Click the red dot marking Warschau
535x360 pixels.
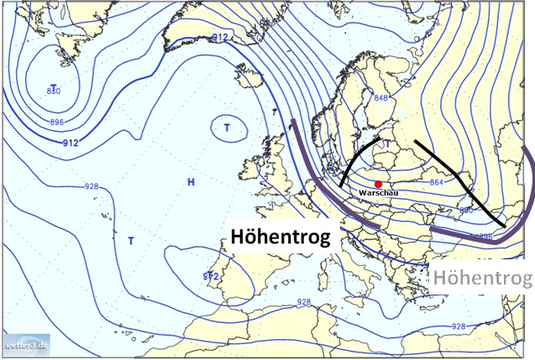tap(379, 184)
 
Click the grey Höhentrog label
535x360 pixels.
tap(485, 278)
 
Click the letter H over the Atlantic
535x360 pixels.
tap(191, 181)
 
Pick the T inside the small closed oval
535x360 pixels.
tap(227, 128)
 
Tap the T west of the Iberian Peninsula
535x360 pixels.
tap(131, 241)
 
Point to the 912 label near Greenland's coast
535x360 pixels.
tap(220, 38)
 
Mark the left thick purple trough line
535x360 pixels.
tap(311, 180)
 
